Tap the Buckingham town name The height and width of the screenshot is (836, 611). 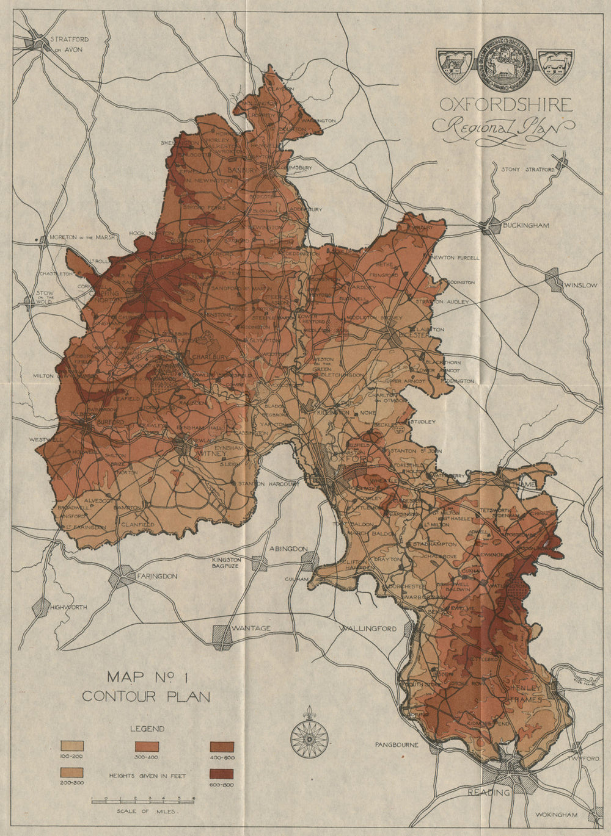pos(525,225)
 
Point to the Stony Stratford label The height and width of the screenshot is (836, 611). pos(527,170)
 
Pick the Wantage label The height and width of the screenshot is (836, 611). pos(251,628)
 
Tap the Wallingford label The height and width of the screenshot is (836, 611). pos(368,629)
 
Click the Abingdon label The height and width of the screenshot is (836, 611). pos(288,549)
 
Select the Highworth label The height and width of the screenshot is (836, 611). pos(68,607)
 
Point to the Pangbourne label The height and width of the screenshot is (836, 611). pos(397,744)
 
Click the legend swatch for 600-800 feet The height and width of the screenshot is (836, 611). pos(222,774)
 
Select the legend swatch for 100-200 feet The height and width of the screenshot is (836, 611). pos(72,746)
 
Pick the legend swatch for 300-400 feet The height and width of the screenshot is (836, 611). pos(147,746)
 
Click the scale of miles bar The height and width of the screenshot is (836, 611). pos(142,799)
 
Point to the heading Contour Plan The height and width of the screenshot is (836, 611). pos(146,696)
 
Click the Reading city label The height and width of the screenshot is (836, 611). pos(488,792)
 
